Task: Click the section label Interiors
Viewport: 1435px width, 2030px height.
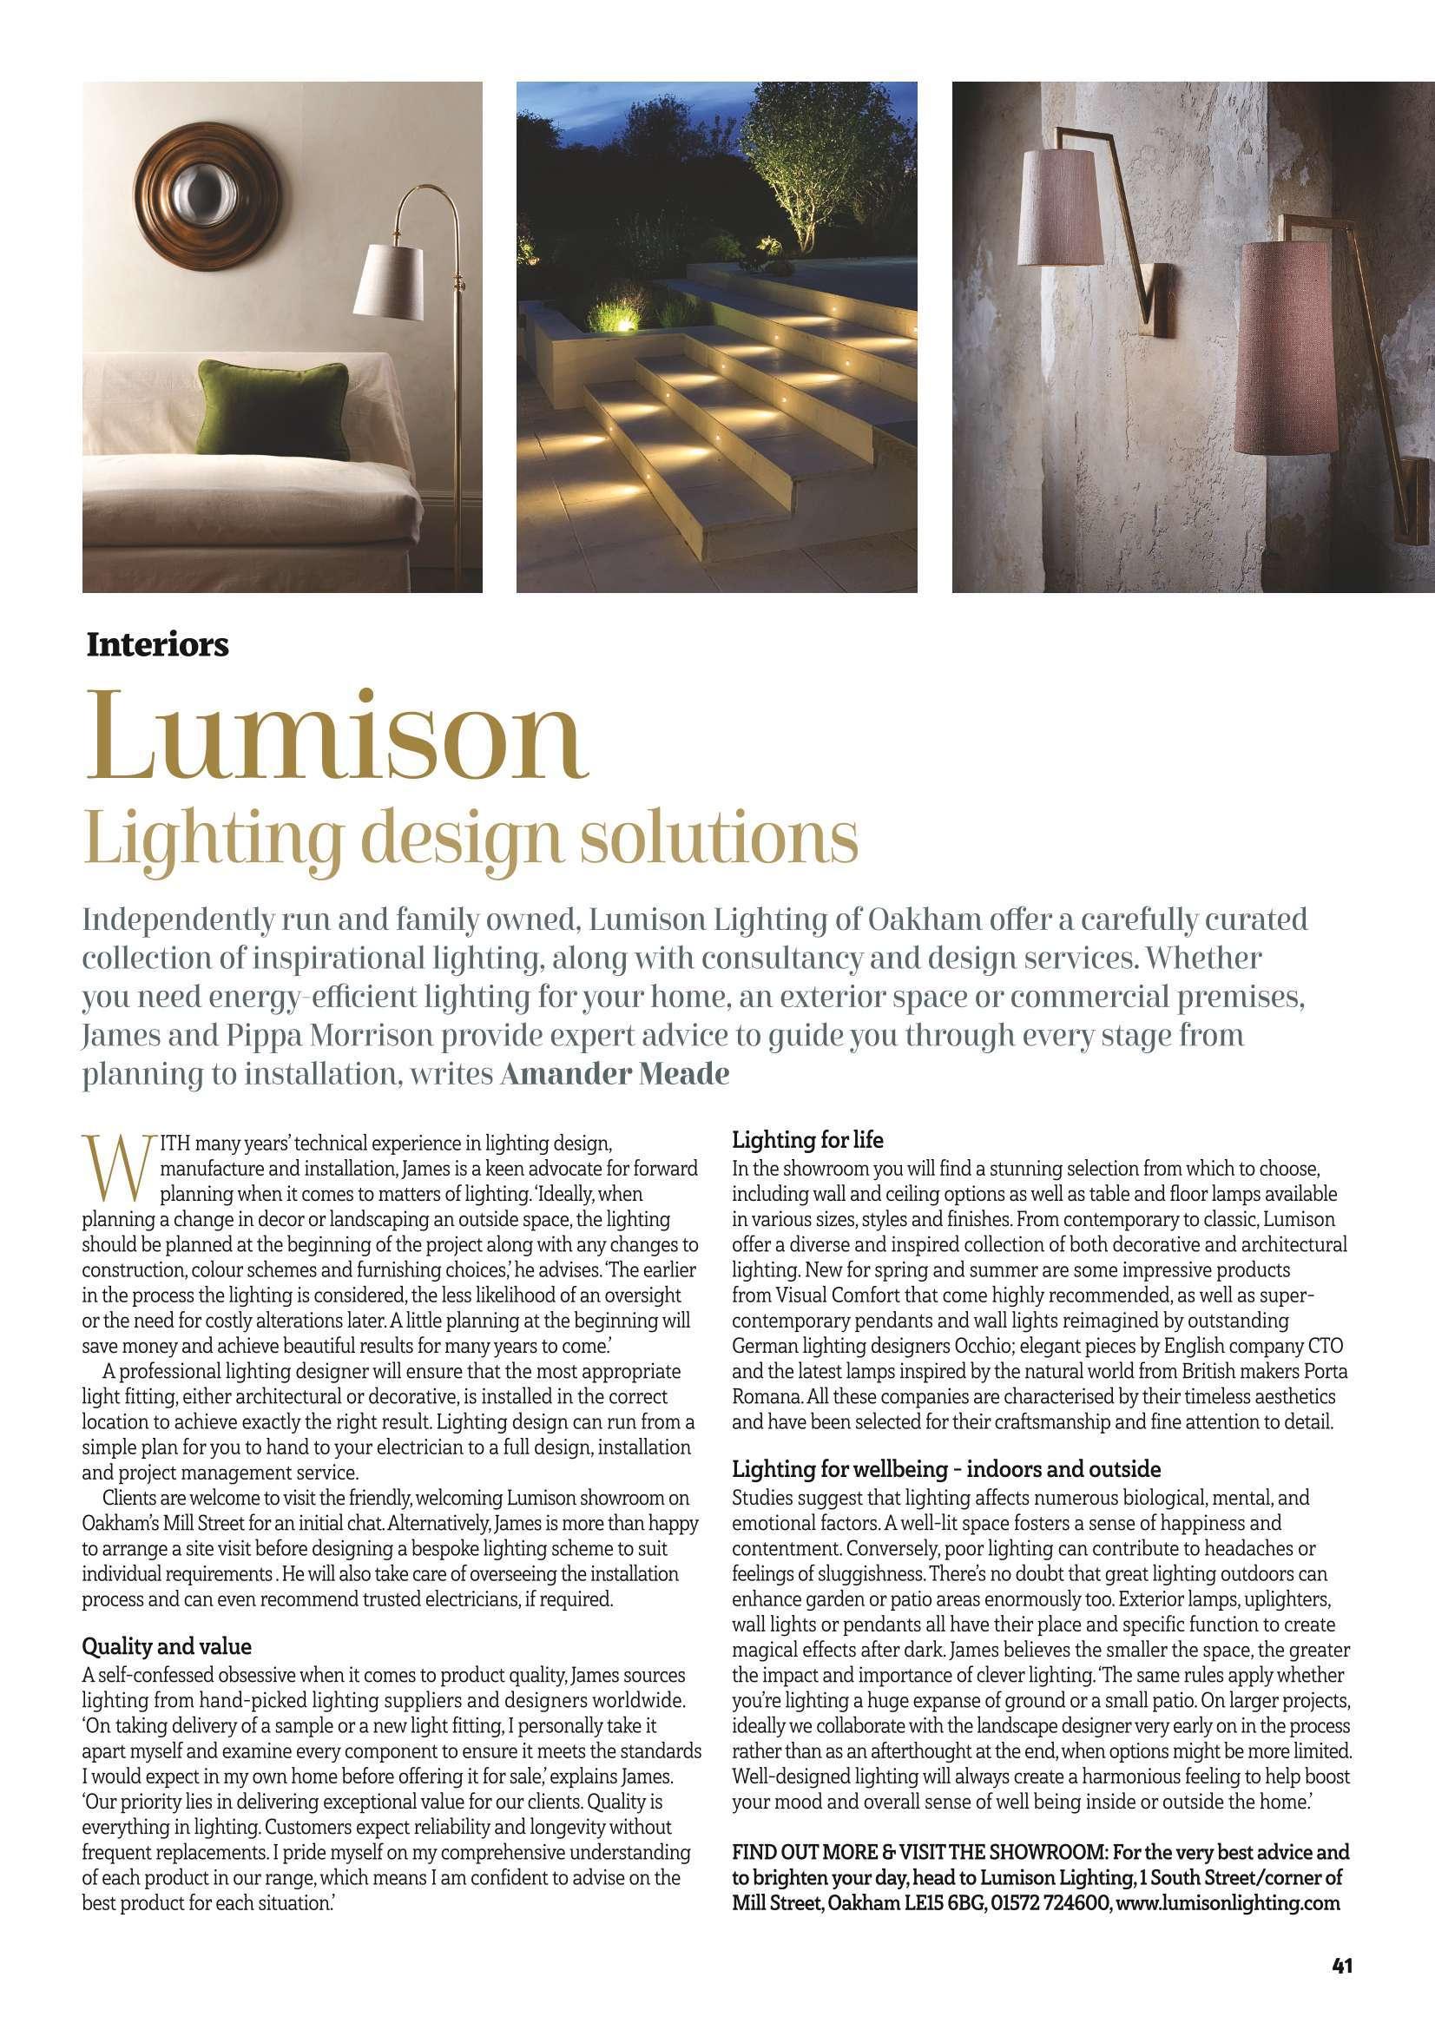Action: point(157,646)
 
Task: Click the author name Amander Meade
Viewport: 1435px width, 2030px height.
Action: point(616,1075)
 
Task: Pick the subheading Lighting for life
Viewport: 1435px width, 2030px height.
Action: point(808,1140)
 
